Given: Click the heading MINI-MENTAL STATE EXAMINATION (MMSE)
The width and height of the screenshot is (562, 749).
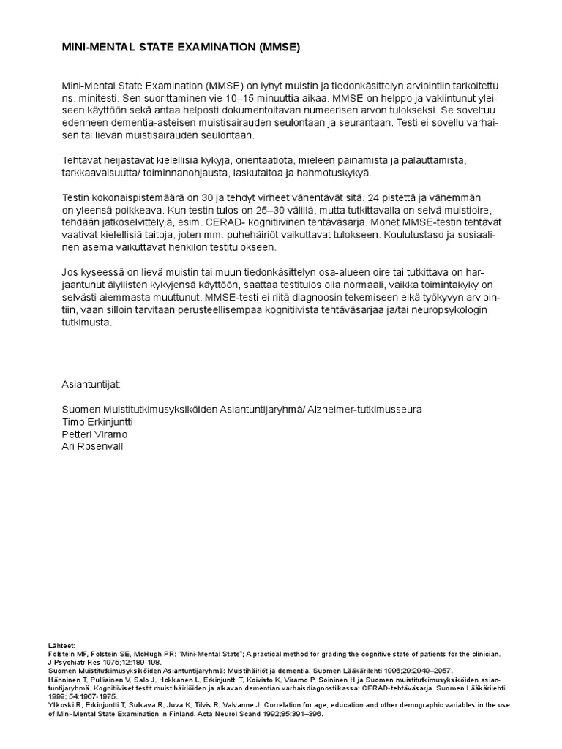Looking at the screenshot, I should [181, 48].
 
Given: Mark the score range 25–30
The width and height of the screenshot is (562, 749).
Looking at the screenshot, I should [197, 211].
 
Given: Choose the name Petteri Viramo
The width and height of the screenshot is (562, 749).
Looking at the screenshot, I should [94, 434].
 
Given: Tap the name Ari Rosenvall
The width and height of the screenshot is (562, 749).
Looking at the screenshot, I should [93, 446].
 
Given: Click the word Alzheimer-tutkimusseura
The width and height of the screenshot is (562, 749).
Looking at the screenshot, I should [364, 409].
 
